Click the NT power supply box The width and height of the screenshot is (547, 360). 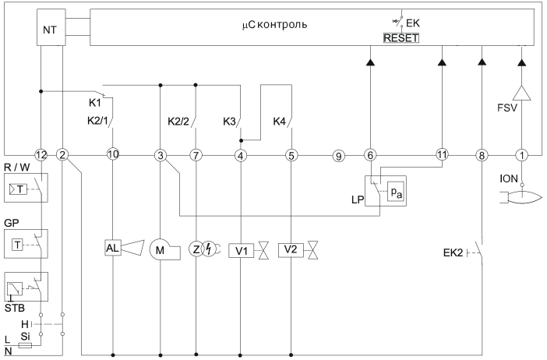pos(51,27)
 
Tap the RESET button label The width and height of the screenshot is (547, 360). pos(401,37)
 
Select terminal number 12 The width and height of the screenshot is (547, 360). pos(41,155)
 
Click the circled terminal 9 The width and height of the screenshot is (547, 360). pos(338,156)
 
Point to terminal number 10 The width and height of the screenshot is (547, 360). pos(113,154)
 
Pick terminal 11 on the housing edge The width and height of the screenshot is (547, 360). pos(442,154)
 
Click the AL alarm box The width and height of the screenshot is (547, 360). pos(113,248)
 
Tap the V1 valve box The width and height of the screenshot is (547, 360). pos(242,251)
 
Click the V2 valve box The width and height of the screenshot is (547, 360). pos(291,250)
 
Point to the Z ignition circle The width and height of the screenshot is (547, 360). pos(196,249)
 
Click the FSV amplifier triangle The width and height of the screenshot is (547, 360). pos(522,93)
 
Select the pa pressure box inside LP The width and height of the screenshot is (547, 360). pos(397,192)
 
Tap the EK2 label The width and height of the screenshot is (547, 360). pos(453,253)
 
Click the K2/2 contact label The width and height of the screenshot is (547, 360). pos(178,122)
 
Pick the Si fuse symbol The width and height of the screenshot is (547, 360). pos(25,346)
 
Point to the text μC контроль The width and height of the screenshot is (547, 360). pos(274,25)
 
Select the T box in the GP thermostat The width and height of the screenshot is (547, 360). pos(17,245)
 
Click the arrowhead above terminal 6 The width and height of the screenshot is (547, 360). pos(370,62)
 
